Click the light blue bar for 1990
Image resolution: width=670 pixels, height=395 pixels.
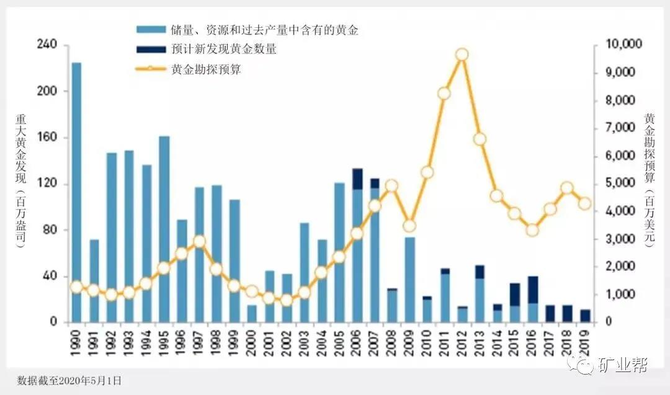point(76,186)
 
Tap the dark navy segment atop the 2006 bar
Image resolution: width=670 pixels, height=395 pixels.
point(357,179)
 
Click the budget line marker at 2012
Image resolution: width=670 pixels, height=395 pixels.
point(462,55)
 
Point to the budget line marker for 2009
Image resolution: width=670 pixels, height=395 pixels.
point(409,226)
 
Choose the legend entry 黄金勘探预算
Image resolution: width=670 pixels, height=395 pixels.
point(205,69)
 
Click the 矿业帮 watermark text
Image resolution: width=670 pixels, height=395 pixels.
point(622,366)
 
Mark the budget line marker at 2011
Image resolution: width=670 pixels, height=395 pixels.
point(444,94)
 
